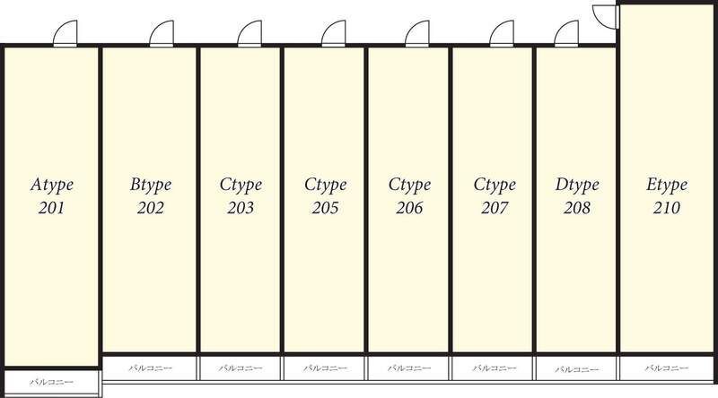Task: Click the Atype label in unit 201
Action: coord(51,186)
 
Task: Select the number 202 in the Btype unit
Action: coord(150,209)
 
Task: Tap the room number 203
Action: coord(241,209)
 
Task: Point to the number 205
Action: coord(325,209)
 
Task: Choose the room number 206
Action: coord(409,209)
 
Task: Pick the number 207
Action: coord(495,209)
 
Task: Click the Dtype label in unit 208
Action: coord(577,186)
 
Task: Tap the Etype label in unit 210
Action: coord(667,186)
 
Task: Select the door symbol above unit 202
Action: coord(162,34)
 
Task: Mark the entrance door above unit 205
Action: coord(334,34)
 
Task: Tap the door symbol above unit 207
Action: coord(503,34)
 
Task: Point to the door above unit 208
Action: coord(567,34)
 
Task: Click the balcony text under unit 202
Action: coord(150,368)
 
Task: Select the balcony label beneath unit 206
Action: coord(409,368)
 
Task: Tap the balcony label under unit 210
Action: coord(667,368)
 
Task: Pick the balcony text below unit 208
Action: coord(577,368)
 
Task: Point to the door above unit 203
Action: coord(250,34)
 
